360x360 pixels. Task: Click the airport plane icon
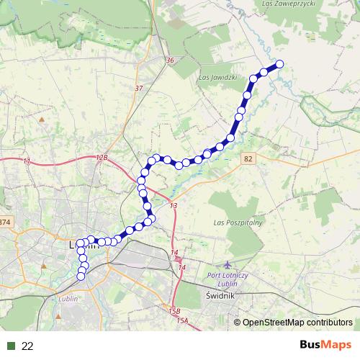point(229,265)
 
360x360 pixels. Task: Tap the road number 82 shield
point(249,158)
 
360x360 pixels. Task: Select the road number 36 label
point(170,60)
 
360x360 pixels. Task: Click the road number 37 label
point(139,88)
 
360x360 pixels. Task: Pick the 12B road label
point(101,156)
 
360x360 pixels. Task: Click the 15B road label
point(175,310)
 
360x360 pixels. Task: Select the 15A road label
point(181,320)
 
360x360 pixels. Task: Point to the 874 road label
point(6,221)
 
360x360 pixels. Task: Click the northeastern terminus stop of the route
point(279,64)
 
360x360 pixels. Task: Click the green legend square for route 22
point(11,346)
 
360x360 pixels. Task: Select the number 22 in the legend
point(28,346)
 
